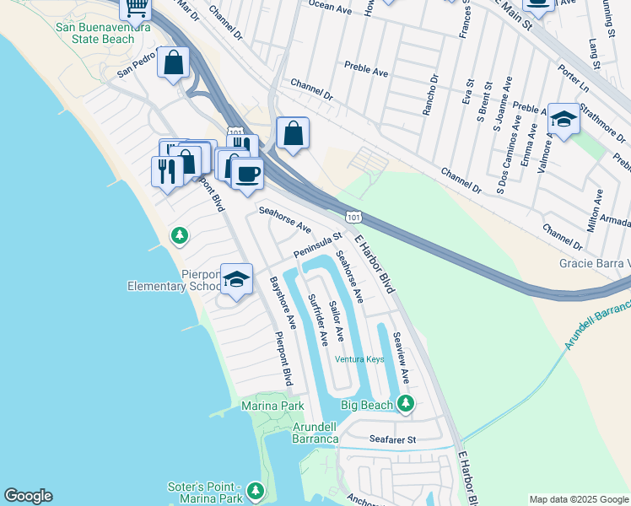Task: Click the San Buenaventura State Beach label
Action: click(94, 33)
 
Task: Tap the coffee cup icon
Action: click(247, 174)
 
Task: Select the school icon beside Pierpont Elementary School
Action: click(237, 280)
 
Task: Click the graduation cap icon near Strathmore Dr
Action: click(564, 121)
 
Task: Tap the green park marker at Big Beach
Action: click(406, 405)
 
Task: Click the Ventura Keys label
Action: click(359, 359)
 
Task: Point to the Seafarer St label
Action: click(393, 439)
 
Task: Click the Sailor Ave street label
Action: click(337, 321)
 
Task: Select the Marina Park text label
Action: click(272, 406)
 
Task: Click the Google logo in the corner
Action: click(28, 496)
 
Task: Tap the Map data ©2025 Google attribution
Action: click(578, 499)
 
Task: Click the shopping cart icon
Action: click(136, 8)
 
